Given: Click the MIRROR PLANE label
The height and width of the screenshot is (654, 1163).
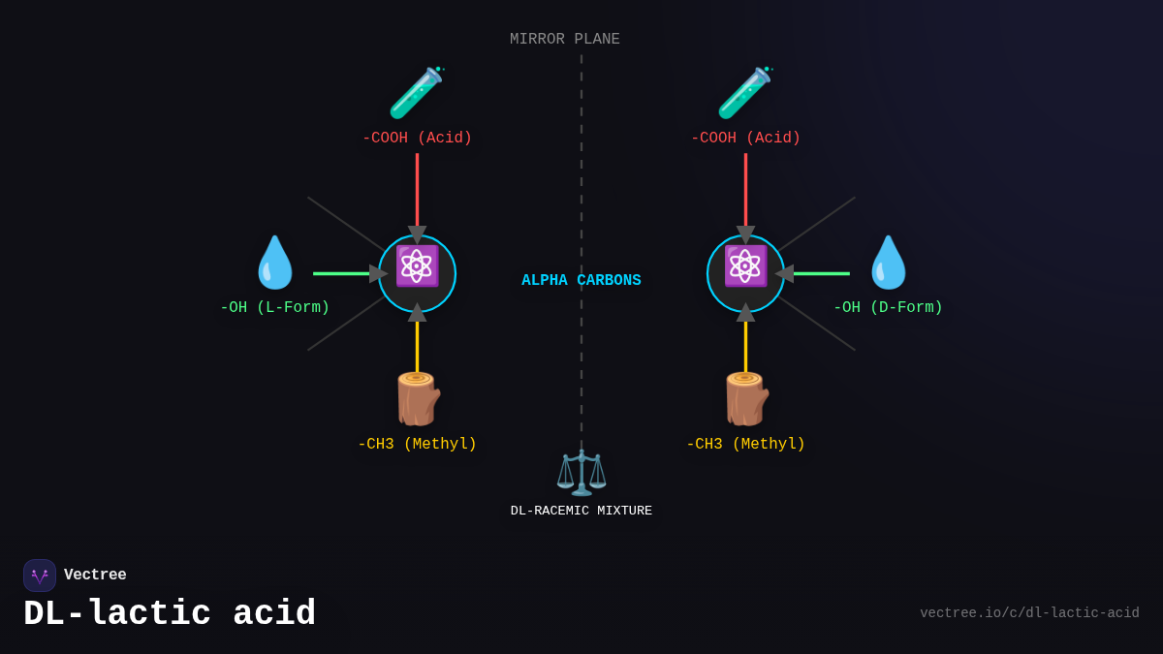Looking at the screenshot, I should tap(564, 40).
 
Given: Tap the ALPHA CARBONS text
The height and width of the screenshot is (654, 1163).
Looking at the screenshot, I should tap(581, 281).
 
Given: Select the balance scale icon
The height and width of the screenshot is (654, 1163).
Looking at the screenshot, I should tap(581, 472).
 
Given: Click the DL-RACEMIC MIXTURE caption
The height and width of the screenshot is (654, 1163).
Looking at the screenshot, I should tap(581, 511).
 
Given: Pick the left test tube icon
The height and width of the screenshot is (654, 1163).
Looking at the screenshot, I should tap(416, 93).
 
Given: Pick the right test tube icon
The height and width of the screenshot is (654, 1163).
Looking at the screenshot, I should tap(744, 93).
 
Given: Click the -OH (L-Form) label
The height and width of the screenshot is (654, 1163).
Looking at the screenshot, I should tap(274, 308).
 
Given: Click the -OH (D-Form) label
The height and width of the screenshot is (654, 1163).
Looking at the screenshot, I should tap(888, 308).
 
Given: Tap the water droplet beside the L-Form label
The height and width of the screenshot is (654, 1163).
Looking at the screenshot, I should tap(274, 263).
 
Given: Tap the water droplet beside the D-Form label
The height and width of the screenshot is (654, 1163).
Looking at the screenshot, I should tap(888, 263).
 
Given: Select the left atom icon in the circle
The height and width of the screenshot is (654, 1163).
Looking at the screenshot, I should tap(417, 266).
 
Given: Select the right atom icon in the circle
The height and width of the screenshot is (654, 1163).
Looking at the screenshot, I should tap(745, 266).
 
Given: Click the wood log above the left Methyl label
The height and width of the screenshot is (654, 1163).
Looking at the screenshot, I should tap(417, 399).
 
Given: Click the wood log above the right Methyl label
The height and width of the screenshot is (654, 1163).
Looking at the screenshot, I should tap(745, 399).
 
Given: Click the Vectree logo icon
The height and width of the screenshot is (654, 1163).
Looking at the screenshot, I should tap(40, 576).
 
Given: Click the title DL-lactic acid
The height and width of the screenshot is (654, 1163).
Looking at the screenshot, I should tap(170, 614).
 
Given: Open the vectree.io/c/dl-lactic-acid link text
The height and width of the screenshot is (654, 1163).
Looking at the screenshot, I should tap(1029, 613).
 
